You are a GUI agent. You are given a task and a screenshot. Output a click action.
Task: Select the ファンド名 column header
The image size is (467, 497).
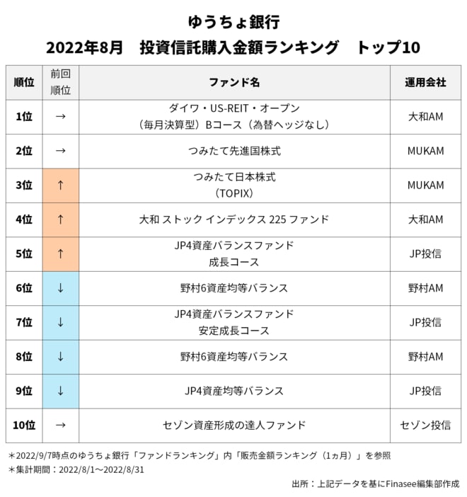[234, 82]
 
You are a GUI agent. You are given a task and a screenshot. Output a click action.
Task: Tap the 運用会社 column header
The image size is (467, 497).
[425, 82]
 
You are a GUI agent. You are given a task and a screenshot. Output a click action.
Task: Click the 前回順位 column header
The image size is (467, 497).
[60, 82]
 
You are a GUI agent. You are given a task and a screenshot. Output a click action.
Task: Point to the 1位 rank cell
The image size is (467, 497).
[23, 117]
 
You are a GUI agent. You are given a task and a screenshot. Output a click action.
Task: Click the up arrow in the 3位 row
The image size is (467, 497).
[60, 185]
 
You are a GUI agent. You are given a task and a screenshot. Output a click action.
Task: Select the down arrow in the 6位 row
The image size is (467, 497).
[60, 288]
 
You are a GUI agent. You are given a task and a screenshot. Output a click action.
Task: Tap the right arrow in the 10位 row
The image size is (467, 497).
[60, 425]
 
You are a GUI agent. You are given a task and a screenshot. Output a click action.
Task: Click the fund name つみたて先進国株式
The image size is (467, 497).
[234, 151]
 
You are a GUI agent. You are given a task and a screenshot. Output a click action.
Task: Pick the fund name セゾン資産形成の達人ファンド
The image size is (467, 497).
[234, 425]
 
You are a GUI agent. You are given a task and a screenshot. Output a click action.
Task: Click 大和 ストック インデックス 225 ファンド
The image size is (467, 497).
[234, 219]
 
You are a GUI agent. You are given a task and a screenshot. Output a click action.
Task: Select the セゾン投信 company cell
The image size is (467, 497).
[425, 425]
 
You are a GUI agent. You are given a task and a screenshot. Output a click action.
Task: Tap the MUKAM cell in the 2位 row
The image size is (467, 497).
[425, 151]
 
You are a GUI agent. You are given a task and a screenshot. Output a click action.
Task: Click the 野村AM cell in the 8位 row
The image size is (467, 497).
[425, 357]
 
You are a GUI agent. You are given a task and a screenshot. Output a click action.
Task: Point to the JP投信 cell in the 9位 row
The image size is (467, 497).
[425, 391]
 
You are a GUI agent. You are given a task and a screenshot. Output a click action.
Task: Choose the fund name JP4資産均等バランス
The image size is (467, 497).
[234, 391]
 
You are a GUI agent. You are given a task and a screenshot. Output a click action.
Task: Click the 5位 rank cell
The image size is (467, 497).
[23, 254]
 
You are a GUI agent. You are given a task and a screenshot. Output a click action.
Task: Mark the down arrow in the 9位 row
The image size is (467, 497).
[60, 391]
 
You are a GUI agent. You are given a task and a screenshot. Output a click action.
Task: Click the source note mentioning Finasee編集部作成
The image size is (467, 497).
[375, 484]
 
